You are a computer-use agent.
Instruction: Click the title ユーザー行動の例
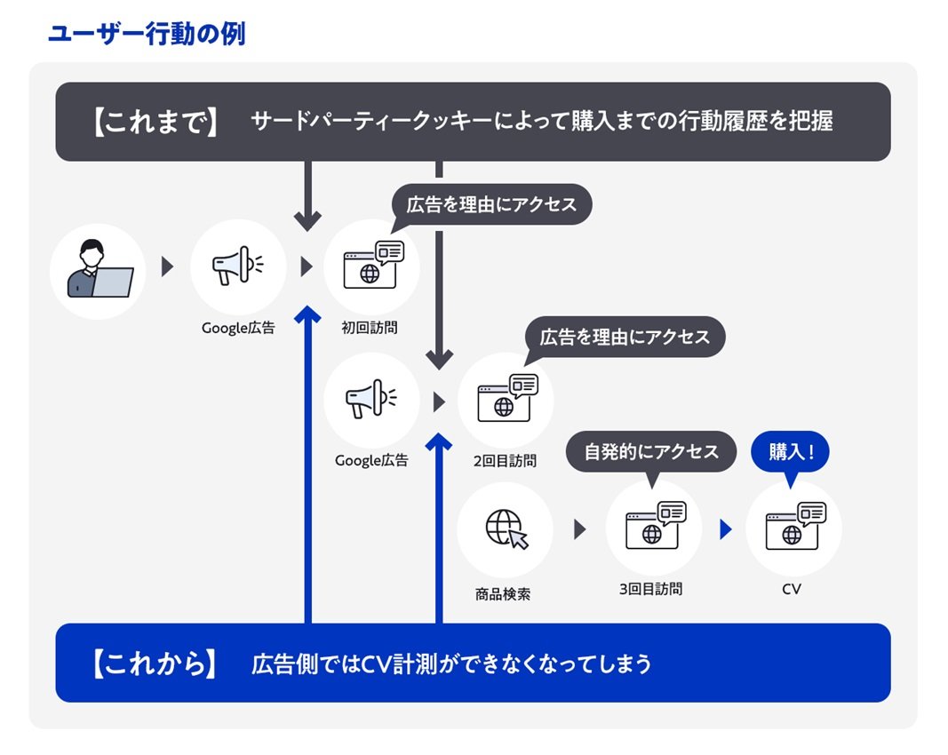pos(147,34)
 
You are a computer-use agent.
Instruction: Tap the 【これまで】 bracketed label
pos(155,122)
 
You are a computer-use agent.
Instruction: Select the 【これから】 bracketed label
pos(155,664)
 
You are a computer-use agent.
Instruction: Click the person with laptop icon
pos(100,270)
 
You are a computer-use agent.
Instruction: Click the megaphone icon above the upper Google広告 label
pos(237,266)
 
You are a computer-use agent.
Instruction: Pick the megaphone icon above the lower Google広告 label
pos(371,398)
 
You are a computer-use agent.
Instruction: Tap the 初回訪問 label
pos(370,328)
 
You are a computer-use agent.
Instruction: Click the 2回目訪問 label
pos(505,461)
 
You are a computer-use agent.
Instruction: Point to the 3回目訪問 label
pos(650,589)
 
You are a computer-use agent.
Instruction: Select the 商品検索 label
pos(503,594)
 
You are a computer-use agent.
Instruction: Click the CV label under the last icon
pos(792,589)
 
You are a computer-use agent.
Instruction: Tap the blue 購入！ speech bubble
pos(790,453)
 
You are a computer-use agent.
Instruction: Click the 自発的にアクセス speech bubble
pos(651,452)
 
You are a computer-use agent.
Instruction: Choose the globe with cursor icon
pos(506,528)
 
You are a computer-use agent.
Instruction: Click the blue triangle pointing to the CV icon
pos(726,529)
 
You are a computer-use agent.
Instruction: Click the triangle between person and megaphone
pos(167,266)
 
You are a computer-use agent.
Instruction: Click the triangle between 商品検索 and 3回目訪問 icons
pos(580,529)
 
